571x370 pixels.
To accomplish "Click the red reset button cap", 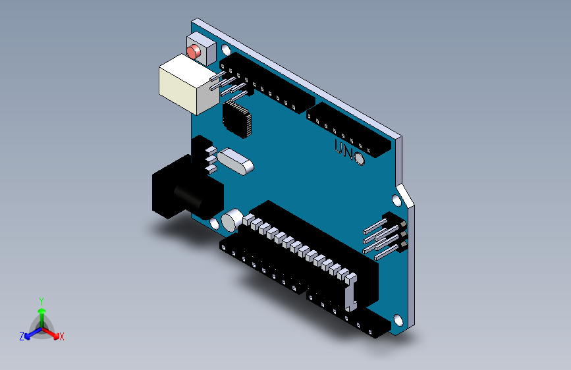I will point(194,51).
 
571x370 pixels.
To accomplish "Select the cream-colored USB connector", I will point(186,83).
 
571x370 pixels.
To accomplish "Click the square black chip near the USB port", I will point(237,119).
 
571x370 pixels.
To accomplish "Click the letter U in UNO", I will point(339,147).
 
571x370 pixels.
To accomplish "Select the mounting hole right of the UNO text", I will point(360,159).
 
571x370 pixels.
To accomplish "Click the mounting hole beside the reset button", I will point(227,50).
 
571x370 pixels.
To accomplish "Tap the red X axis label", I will point(62,337).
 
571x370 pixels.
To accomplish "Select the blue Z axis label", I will point(22,336).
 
